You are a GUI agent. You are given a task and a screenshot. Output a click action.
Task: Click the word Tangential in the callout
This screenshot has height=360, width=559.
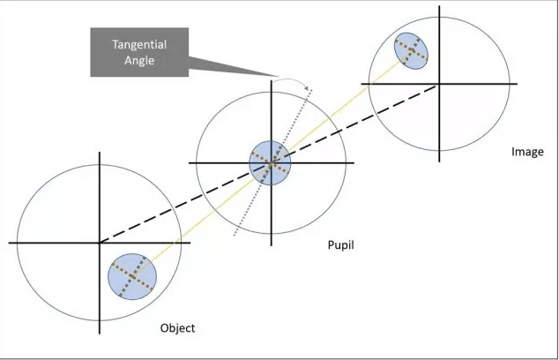click(x=139, y=43)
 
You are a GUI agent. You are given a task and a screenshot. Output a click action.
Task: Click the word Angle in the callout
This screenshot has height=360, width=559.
click(x=139, y=61)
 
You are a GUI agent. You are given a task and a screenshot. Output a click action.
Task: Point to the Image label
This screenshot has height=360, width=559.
click(x=527, y=152)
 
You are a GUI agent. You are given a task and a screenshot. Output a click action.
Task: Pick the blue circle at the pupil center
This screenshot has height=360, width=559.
click(x=270, y=162)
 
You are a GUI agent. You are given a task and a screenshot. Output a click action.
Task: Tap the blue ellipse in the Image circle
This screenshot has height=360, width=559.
click(x=411, y=50)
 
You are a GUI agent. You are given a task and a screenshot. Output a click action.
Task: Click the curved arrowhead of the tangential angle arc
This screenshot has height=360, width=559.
click(x=304, y=86)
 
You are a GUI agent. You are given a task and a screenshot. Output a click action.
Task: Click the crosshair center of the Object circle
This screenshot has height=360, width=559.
click(x=99, y=242)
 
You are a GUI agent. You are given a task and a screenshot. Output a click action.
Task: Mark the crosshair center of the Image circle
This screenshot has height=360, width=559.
click(x=437, y=86)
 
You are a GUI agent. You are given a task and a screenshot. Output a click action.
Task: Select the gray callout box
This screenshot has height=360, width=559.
click(x=139, y=51)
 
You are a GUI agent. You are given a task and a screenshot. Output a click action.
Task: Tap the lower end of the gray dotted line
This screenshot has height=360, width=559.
click(x=234, y=236)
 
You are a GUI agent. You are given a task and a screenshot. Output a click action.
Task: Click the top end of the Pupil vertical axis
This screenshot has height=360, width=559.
click(x=270, y=80)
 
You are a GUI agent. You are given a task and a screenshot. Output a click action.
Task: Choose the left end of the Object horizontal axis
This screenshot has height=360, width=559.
click(x=9, y=242)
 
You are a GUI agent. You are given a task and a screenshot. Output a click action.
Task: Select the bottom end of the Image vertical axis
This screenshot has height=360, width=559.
click(x=437, y=161)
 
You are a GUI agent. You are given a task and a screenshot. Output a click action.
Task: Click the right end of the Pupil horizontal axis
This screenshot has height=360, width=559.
click(x=353, y=162)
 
